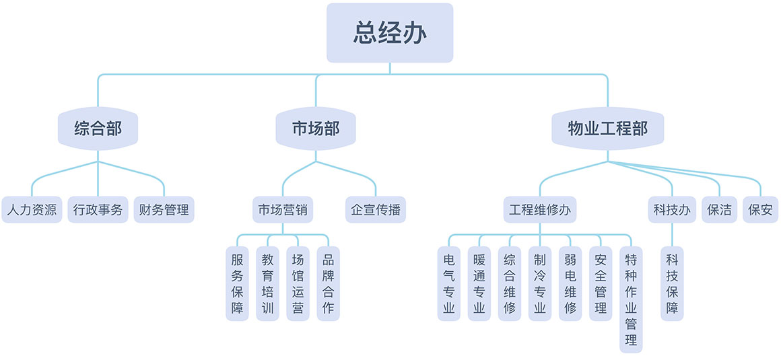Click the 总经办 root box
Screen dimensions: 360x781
[x=390, y=33]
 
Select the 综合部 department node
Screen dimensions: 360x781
[x=98, y=129]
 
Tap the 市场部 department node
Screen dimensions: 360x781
[x=316, y=129]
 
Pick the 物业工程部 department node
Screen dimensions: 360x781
[x=607, y=129]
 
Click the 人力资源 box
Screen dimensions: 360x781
[x=32, y=209]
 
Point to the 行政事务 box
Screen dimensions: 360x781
[x=98, y=209]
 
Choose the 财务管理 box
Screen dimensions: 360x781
[x=164, y=209]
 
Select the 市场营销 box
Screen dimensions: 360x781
[x=283, y=209]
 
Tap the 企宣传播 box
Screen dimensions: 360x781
[x=376, y=209]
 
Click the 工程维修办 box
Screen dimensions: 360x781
[x=540, y=209]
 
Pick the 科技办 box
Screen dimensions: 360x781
[x=672, y=209]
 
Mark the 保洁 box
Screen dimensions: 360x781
[x=720, y=209]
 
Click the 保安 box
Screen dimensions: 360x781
[x=761, y=209]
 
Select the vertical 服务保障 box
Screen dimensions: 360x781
[x=237, y=283]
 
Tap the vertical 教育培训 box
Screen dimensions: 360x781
[x=267, y=283]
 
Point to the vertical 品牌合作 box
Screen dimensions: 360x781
[x=328, y=283]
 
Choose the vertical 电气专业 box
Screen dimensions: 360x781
[x=449, y=283]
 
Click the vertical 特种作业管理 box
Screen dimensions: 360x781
[x=631, y=299]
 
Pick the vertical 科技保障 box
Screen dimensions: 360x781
[x=672, y=283]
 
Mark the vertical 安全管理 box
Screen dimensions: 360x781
[x=601, y=283]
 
